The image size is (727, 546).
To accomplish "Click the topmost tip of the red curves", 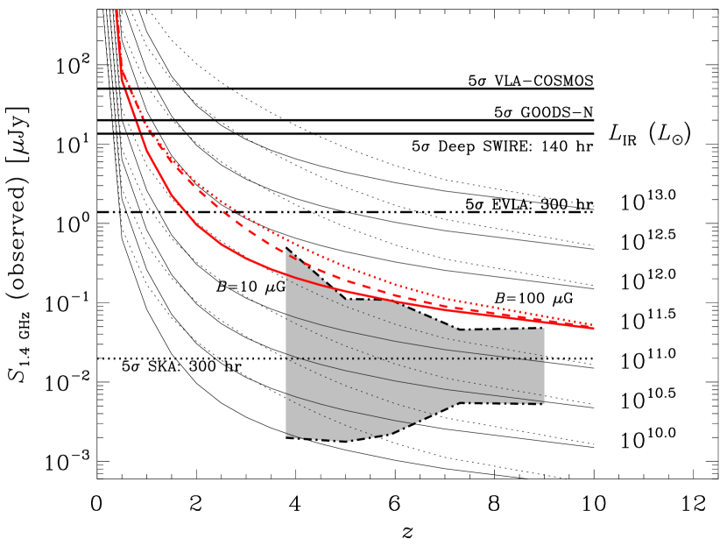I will click(x=116, y=11).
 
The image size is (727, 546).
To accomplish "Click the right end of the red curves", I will click(x=593, y=327).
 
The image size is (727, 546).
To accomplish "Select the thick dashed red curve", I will click(x=254, y=233).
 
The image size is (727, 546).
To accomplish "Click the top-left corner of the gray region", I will click(x=286, y=251).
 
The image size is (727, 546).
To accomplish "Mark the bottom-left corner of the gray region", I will click(x=286, y=436).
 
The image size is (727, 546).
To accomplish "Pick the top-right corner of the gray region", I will click(x=544, y=330).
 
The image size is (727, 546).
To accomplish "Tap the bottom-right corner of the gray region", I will click(x=544, y=403).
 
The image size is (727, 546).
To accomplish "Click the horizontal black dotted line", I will click(x=412, y=358).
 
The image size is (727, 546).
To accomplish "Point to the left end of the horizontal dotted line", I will click(x=286, y=358).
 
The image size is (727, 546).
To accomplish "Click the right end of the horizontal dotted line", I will click(x=544, y=358).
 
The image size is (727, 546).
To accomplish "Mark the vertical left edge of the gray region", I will click(x=286, y=351).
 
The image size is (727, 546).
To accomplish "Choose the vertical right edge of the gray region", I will click(x=544, y=368).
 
